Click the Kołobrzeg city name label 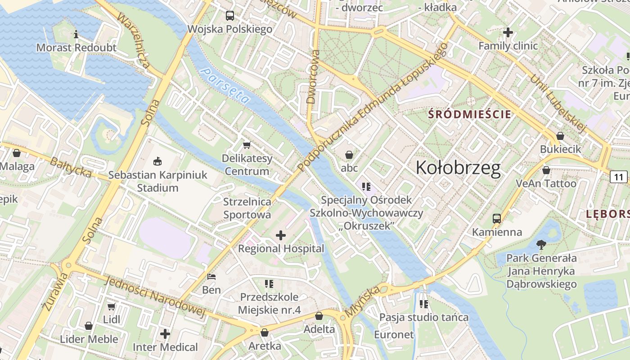tap(458, 168)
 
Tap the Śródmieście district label tap(470, 114)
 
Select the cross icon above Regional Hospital tap(281, 235)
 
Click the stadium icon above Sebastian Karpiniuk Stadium tap(157, 161)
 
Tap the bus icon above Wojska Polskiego tap(230, 16)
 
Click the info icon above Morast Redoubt tap(76, 34)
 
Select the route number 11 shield tap(619, 176)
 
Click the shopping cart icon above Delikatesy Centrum tap(247, 145)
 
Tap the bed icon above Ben tap(211, 276)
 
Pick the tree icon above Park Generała tap(541, 245)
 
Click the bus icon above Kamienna tap(497, 219)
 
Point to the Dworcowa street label tap(313, 77)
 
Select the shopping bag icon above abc tap(349, 155)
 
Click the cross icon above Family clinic tap(508, 32)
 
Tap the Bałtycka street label tap(71, 167)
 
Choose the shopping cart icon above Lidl tap(112, 306)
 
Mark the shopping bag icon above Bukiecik tap(560, 135)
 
